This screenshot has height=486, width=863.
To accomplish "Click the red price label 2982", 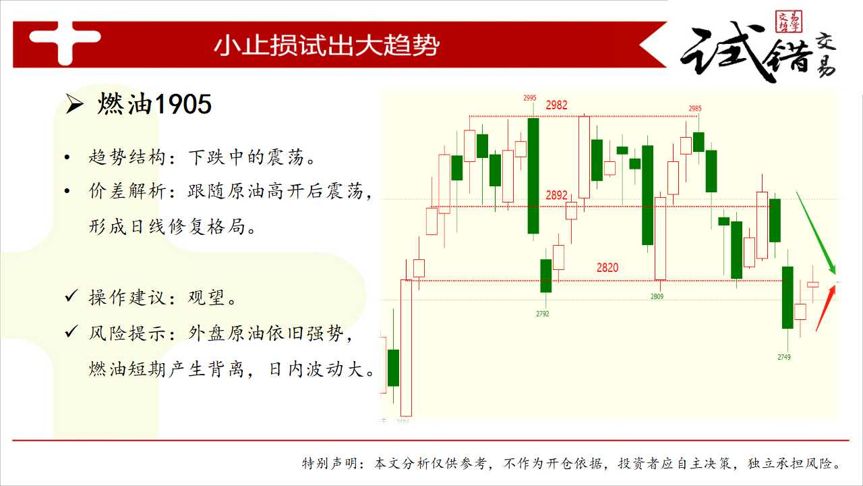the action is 556,105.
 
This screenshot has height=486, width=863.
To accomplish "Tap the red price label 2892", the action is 556,195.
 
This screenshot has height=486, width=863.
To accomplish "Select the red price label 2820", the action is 607,267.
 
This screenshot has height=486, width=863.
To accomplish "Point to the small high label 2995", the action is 530,98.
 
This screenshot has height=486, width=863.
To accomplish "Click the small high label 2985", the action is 695,109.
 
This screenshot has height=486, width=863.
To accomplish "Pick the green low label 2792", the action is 543,314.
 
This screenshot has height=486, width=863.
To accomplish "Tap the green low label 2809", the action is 657,296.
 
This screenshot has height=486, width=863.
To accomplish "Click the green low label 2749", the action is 784,357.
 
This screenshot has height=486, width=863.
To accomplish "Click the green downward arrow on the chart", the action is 816,233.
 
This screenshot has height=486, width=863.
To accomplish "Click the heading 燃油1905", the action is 154,104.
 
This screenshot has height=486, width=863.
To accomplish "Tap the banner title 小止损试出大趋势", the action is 327,45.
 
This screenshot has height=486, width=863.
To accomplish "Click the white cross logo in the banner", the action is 65,43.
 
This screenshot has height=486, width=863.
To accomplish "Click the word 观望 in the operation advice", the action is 206,298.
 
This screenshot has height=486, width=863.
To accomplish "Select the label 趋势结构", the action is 127,157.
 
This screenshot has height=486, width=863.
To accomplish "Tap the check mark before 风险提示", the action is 71,331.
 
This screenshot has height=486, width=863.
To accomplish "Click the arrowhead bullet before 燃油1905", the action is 74,105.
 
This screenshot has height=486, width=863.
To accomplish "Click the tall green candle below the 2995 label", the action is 533,176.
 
